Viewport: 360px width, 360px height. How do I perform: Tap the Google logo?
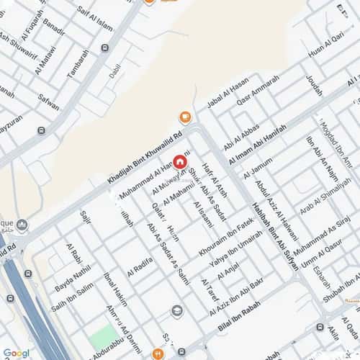16,353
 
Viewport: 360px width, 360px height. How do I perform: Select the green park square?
103,335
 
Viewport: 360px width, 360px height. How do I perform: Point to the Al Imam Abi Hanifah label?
257,145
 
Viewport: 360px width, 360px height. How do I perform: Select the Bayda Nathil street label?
72,277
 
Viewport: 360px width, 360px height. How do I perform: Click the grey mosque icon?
23,226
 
